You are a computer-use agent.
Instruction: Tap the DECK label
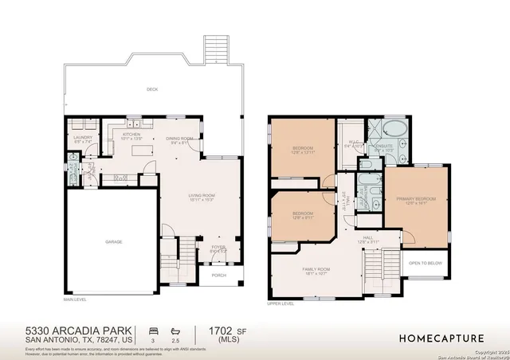[x=151, y=90]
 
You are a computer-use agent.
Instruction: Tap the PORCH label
[x=218, y=276]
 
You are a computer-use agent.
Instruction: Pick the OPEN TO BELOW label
[x=426, y=262]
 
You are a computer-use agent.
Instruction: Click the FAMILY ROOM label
[x=316, y=271]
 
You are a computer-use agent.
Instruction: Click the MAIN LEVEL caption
[x=75, y=300]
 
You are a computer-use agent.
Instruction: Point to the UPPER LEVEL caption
[x=281, y=303]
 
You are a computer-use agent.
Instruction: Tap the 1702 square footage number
[x=221, y=330]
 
